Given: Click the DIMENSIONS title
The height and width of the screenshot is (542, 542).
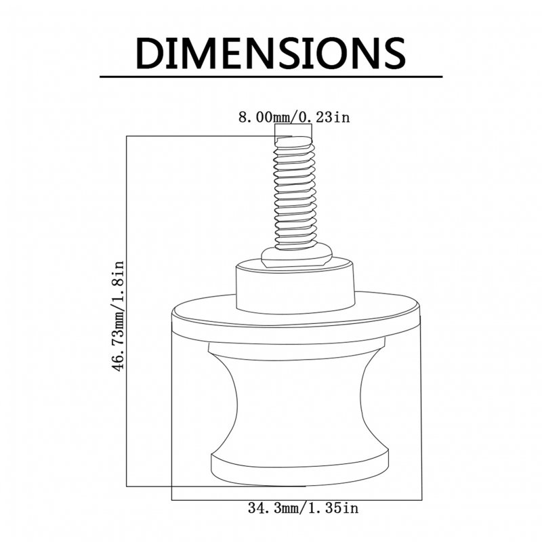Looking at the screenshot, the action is [270, 53].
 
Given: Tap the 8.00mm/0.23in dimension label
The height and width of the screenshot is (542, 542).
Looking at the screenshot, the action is [294, 117].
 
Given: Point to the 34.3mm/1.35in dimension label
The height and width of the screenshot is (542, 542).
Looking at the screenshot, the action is [303, 508].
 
